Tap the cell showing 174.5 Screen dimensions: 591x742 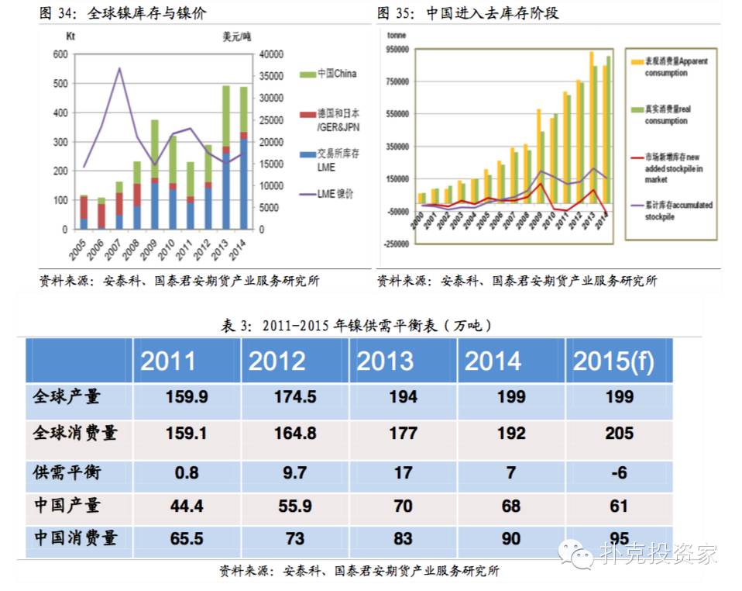pyautogui.click(x=295, y=397)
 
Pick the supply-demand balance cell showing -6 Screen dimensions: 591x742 pyautogui.click(x=619, y=472)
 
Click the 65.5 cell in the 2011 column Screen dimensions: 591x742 pyautogui.click(x=186, y=540)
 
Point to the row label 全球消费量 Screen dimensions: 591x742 pyautogui.click(x=75, y=433)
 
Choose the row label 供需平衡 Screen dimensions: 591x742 pyautogui.click(x=67, y=472)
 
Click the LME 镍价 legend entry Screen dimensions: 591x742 pyautogui.click(x=328, y=195)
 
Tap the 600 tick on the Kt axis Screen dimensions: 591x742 pyautogui.click(x=60, y=54)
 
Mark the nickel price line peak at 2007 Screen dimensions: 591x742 pyautogui.click(x=119, y=68)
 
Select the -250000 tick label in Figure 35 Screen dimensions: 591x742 pyautogui.click(x=396, y=244)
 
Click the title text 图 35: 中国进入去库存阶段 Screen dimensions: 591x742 pyautogui.click(x=468, y=13)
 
